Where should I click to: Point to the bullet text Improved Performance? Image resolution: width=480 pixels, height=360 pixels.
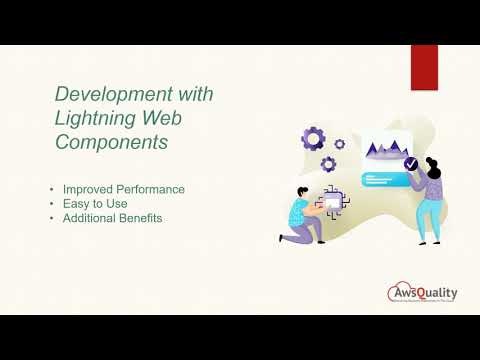click(123, 189)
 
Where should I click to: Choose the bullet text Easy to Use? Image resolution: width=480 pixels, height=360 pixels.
click(98, 203)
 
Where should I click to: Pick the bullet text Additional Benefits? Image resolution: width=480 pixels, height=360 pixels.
click(111, 217)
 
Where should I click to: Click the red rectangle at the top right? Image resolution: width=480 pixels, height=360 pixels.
click(424, 66)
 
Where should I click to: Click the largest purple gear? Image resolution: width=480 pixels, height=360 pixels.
click(313, 138)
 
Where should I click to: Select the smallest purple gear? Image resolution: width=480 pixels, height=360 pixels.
click(340, 144)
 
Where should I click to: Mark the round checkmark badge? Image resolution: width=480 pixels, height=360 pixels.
click(410, 163)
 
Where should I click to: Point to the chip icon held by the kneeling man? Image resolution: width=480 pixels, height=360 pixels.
click(332, 205)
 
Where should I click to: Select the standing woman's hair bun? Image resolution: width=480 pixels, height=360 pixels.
click(433, 159)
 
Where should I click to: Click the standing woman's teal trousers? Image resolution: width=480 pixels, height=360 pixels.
click(428, 218)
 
